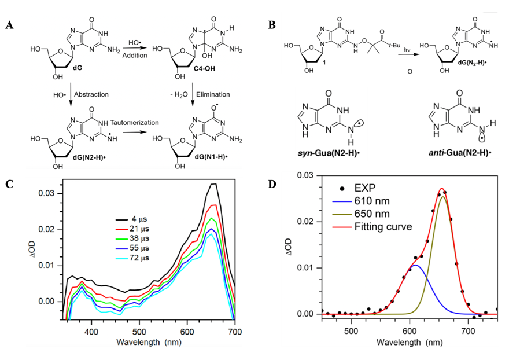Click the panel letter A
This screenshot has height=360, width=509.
coord(10,25)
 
